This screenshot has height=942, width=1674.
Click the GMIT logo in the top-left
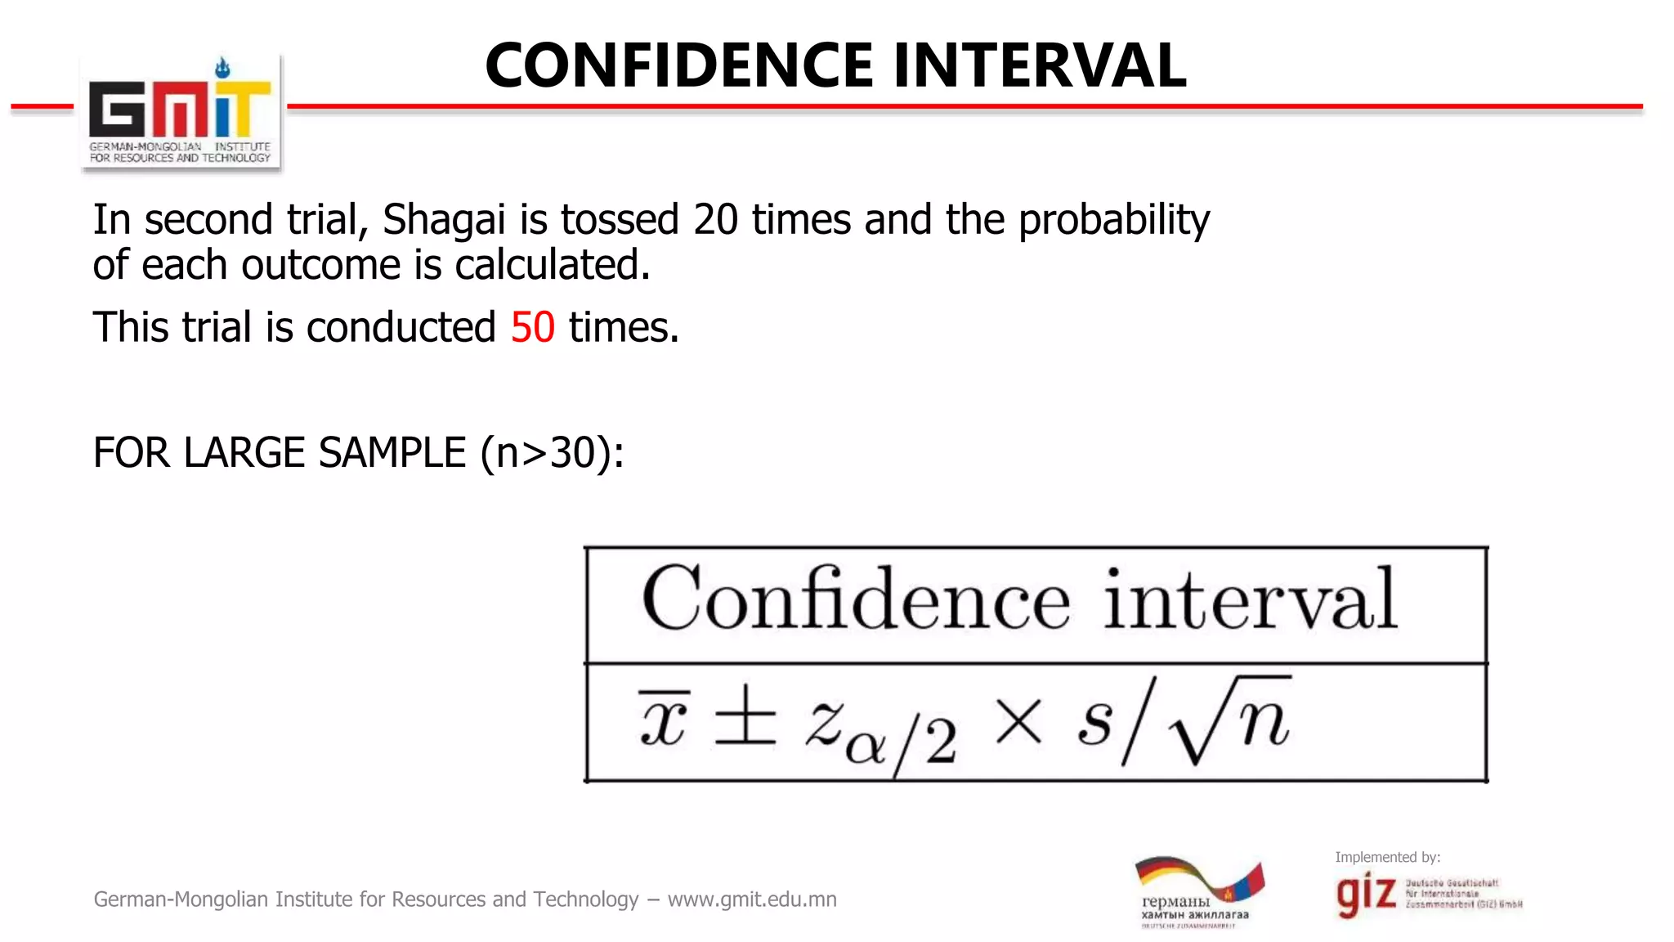click(180, 113)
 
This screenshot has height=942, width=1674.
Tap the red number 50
click(533, 328)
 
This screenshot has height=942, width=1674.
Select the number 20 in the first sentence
click(715, 220)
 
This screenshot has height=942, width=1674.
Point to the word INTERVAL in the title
click(1039, 65)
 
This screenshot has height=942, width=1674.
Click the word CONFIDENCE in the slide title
click(679, 65)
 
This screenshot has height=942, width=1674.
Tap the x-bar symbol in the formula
click(663, 720)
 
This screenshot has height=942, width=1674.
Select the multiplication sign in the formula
click(1018, 722)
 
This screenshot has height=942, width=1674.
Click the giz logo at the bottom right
click(1366, 894)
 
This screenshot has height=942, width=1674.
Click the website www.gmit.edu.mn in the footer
click(752, 899)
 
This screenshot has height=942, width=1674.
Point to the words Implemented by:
click(1387, 857)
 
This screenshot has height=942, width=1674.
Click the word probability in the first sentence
click(1113, 220)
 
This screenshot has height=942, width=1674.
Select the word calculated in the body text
click(552, 265)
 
